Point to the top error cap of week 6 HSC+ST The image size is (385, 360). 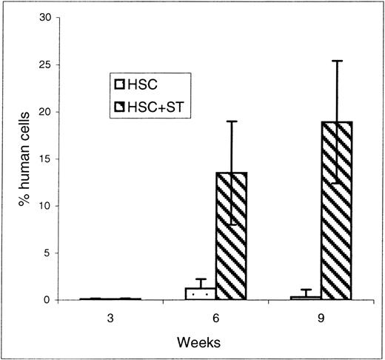point(231,121)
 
